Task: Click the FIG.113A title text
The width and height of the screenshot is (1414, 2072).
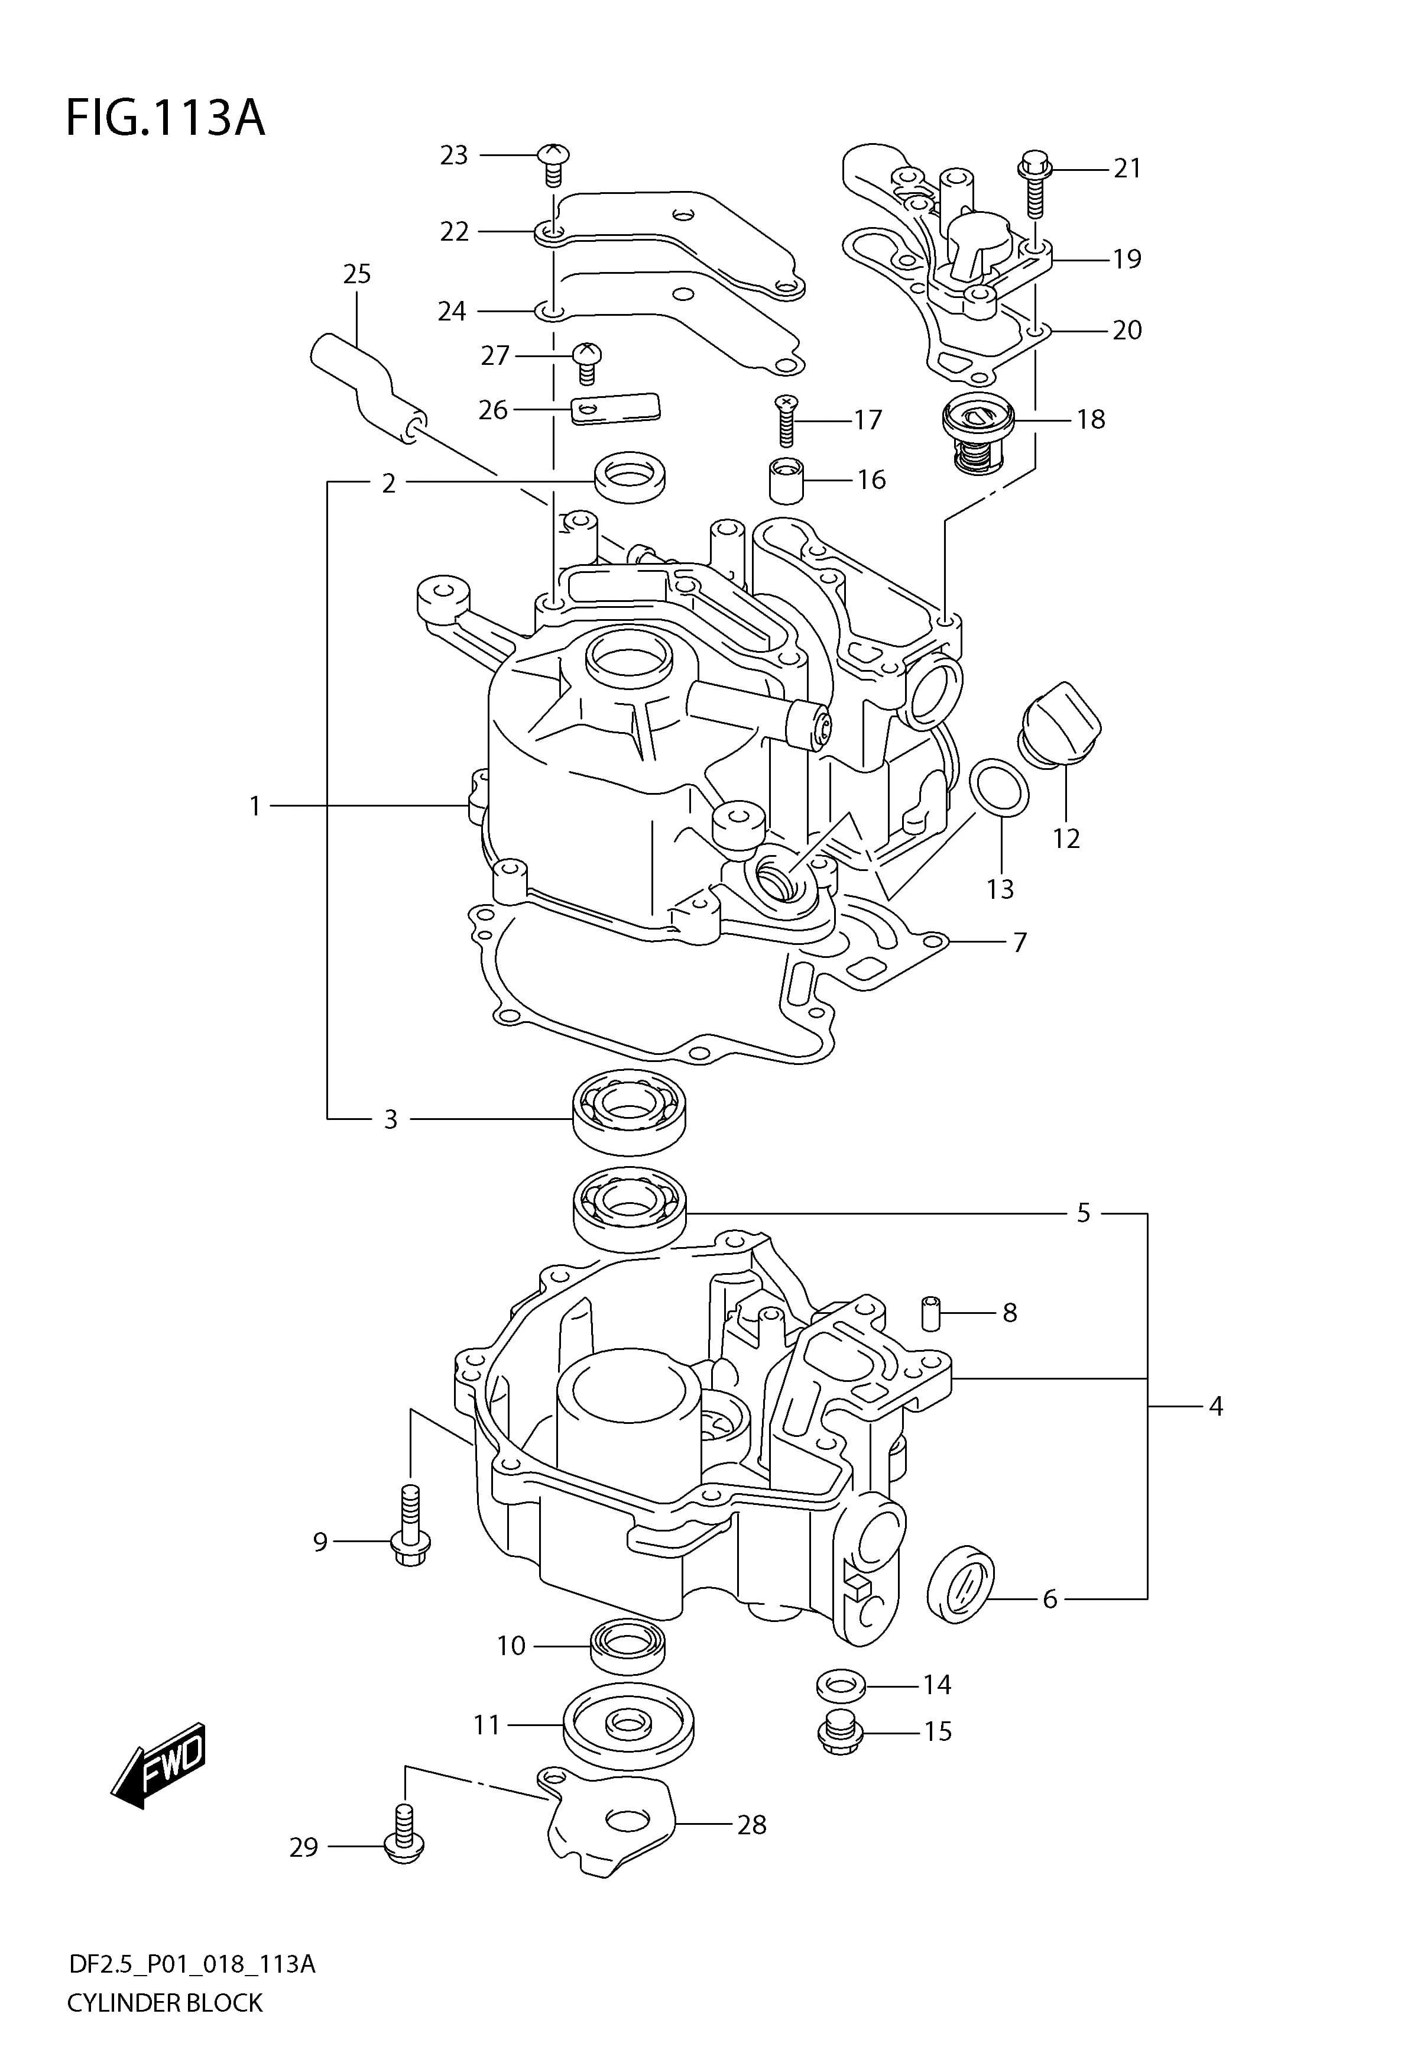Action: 166,119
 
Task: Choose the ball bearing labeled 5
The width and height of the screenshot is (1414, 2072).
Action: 630,1211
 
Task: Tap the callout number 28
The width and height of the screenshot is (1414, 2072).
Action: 751,1824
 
